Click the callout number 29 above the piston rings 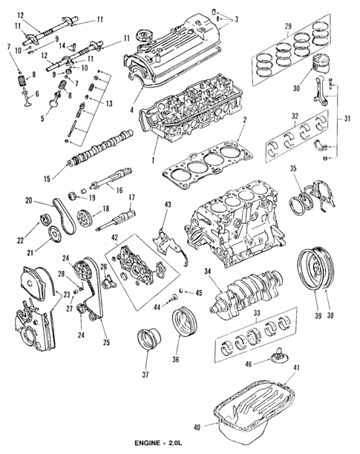288,27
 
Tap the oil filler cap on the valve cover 143,36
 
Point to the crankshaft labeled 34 246,295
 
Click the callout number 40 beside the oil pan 197,427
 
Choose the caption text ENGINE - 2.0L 159,443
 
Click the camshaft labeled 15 100,148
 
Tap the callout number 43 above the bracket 168,205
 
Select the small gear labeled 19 73,197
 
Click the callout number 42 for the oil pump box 114,237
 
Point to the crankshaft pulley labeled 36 185,322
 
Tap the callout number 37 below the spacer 145,375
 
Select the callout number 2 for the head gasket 244,120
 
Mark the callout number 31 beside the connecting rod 347,119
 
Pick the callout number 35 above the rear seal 293,168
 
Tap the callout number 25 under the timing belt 106,342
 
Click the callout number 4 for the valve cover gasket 131,110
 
